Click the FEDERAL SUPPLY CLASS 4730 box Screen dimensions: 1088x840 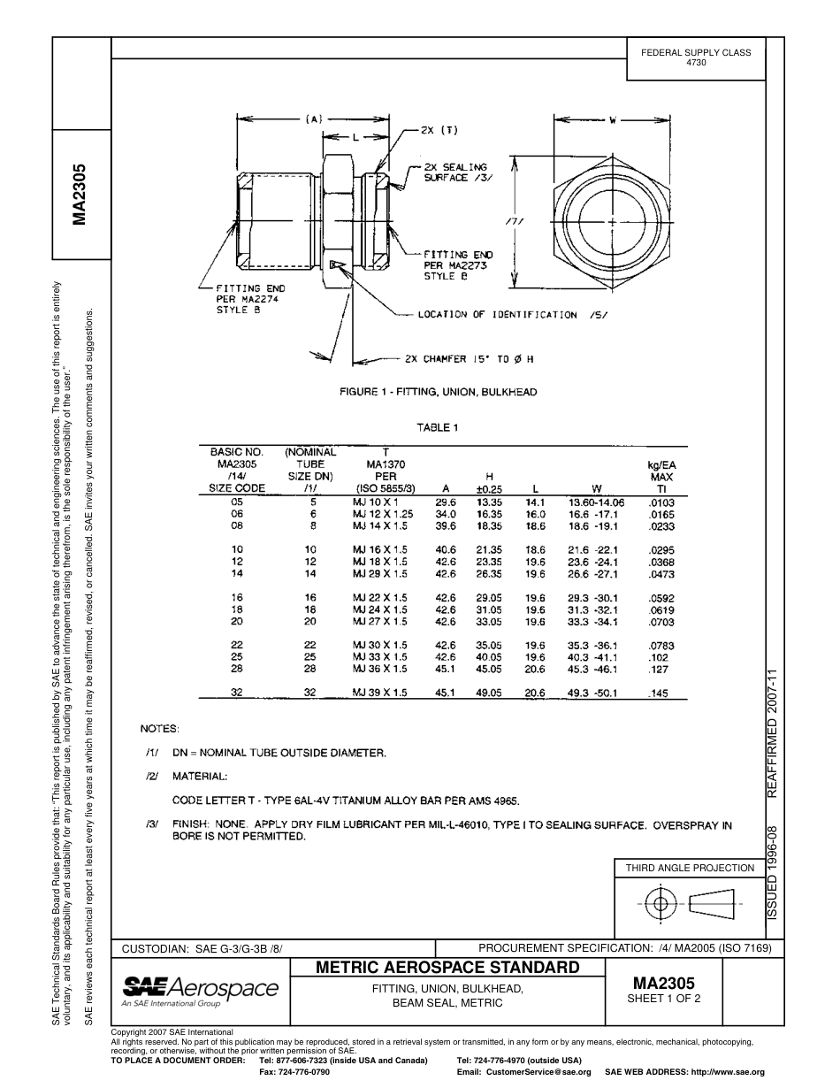pyautogui.click(x=696, y=58)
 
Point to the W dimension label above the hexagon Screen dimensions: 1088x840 pyautogui.click(x=612, y=119)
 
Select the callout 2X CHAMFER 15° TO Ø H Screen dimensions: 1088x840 pyautogui.click(x=469, y=359)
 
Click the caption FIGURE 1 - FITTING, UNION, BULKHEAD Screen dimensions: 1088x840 pyautogui.click(x=438, y=392)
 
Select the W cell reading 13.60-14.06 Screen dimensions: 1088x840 pyautogui.click(x=596, y=502)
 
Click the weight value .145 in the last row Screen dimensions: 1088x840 pyautogui.click(x=658, y=693)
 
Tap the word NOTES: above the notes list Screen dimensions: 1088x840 pyautogui.click(x=160, y=729)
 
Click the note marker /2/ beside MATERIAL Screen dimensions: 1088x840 pyautogui.click(x=152, y=776)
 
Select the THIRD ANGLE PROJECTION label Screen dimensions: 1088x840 pyautogui.click(x=690, y=868)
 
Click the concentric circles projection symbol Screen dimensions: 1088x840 pyautogui.click(x=659, y=903)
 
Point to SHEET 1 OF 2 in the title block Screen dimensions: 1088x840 pyautogui.click(x=663, y=1000)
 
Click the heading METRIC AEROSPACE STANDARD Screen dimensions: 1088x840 pyautogui.click(x=447, y=968)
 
